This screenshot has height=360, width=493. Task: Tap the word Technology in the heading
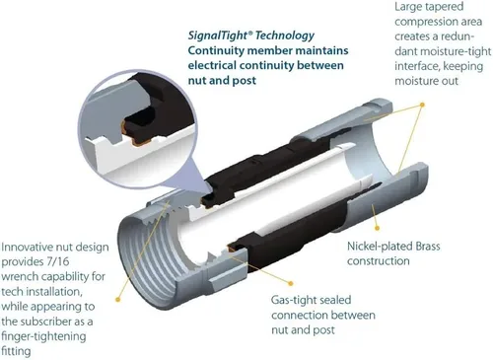click(x=285, y=36)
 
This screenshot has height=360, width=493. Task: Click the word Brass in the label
click(x=426, y=246)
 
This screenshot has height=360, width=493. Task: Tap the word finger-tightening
click(x=43, y=336)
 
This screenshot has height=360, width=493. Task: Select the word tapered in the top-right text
click(x=447, y=7)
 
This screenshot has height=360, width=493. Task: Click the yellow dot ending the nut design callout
click(x=118, y=299)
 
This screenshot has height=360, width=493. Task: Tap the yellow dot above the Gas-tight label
click(x=291, y=283)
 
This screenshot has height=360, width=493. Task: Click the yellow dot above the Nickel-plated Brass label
click(x=378, y=228)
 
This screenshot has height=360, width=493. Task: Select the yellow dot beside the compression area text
click(x=422, y=105)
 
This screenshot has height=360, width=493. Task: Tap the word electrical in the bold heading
click(x=212, y=65)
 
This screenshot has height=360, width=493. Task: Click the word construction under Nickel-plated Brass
click(x=379, y=261)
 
